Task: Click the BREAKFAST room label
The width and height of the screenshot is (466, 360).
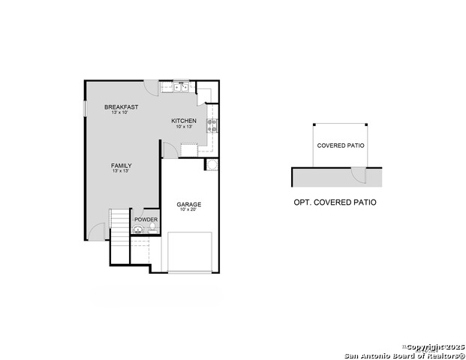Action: click(121, 107)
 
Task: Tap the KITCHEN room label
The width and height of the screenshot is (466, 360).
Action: click(184, 121)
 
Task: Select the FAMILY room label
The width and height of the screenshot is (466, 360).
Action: click(121, 166)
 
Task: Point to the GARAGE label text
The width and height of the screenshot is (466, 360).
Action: click(188, 204)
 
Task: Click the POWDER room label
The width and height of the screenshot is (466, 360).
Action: click(146, 219)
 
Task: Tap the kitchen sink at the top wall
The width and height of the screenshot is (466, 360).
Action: click(181, 87)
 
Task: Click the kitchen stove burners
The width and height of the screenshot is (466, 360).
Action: click(212, 125)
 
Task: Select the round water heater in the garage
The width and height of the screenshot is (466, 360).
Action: click(212, 165)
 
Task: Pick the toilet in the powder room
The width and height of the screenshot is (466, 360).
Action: click(137, 229)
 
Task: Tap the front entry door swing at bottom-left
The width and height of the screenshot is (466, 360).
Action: click(97, 232)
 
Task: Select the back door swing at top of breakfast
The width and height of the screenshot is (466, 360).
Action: click(152, 86)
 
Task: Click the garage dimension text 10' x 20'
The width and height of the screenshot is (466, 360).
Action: click(188, 210)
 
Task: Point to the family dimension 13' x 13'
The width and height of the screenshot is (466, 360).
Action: click(121, 172)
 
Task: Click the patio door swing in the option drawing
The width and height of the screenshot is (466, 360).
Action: click(359, 175)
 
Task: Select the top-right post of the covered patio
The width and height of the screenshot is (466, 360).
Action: click(366, 124)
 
